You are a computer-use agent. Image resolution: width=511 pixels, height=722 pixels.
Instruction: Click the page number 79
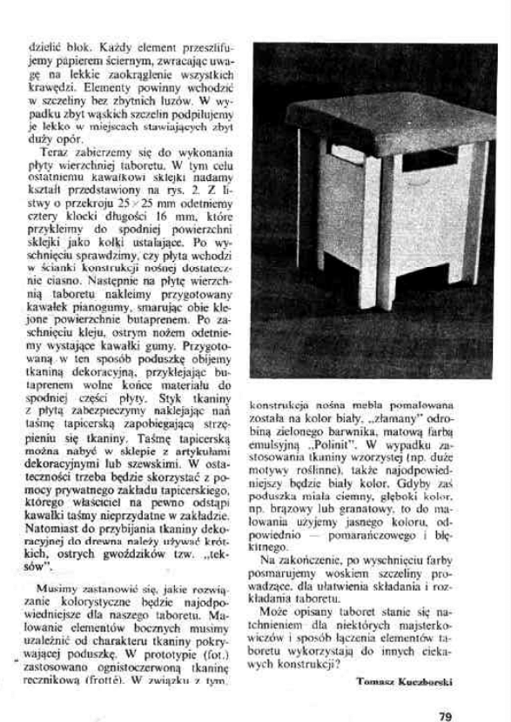(x=444, y=693)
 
